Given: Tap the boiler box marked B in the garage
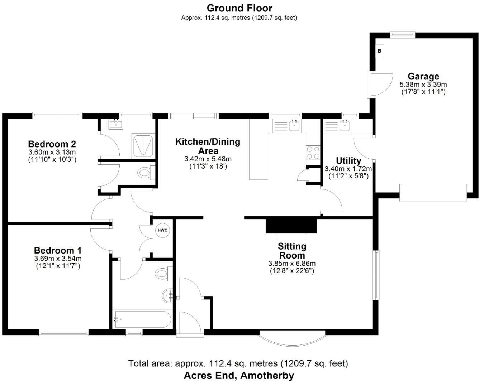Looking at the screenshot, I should click(380, 51).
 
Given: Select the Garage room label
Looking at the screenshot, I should click(423, 76).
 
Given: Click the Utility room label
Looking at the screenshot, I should click(348, 160).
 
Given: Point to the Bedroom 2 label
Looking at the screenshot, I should click(52, 144).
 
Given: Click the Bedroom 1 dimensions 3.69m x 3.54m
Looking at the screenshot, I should click(58, 259).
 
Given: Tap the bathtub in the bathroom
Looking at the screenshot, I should click(142, 319).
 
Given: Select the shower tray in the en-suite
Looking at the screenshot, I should click(143, 146).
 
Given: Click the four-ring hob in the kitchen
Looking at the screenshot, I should click(313, 153).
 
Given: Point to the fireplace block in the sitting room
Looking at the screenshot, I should click(291, 226).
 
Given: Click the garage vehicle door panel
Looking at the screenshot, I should click(433, 192).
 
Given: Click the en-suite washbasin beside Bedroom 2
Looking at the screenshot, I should click(116, 125).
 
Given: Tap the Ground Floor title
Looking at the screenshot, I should click(239, 8).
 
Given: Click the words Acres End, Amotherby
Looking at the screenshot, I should click(239, 375).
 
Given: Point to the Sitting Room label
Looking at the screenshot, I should click(292, 251).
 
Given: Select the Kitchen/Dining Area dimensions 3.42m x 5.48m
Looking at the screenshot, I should click(208, 159).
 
